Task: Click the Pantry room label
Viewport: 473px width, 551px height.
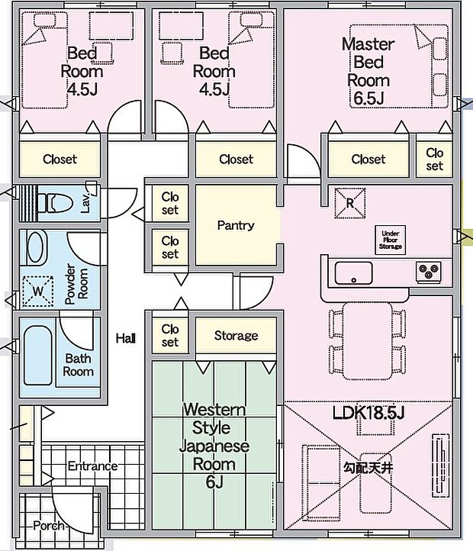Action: [236, 226]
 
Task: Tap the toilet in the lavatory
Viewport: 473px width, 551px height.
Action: [57, 203]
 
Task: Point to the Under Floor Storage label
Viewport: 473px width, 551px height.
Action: [391, 240]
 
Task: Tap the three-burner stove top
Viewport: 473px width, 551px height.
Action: [428, 270]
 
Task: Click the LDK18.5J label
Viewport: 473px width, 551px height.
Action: [367, 414]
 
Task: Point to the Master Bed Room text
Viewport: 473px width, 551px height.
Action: [368, 71]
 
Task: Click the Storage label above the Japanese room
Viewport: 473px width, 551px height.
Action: [236, 336]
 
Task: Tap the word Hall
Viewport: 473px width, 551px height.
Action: [126, 338]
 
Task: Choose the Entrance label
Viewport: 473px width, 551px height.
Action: [93, 466]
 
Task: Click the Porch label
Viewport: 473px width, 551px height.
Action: [50, 526]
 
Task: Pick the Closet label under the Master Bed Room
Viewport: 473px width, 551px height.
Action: [368, 159]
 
